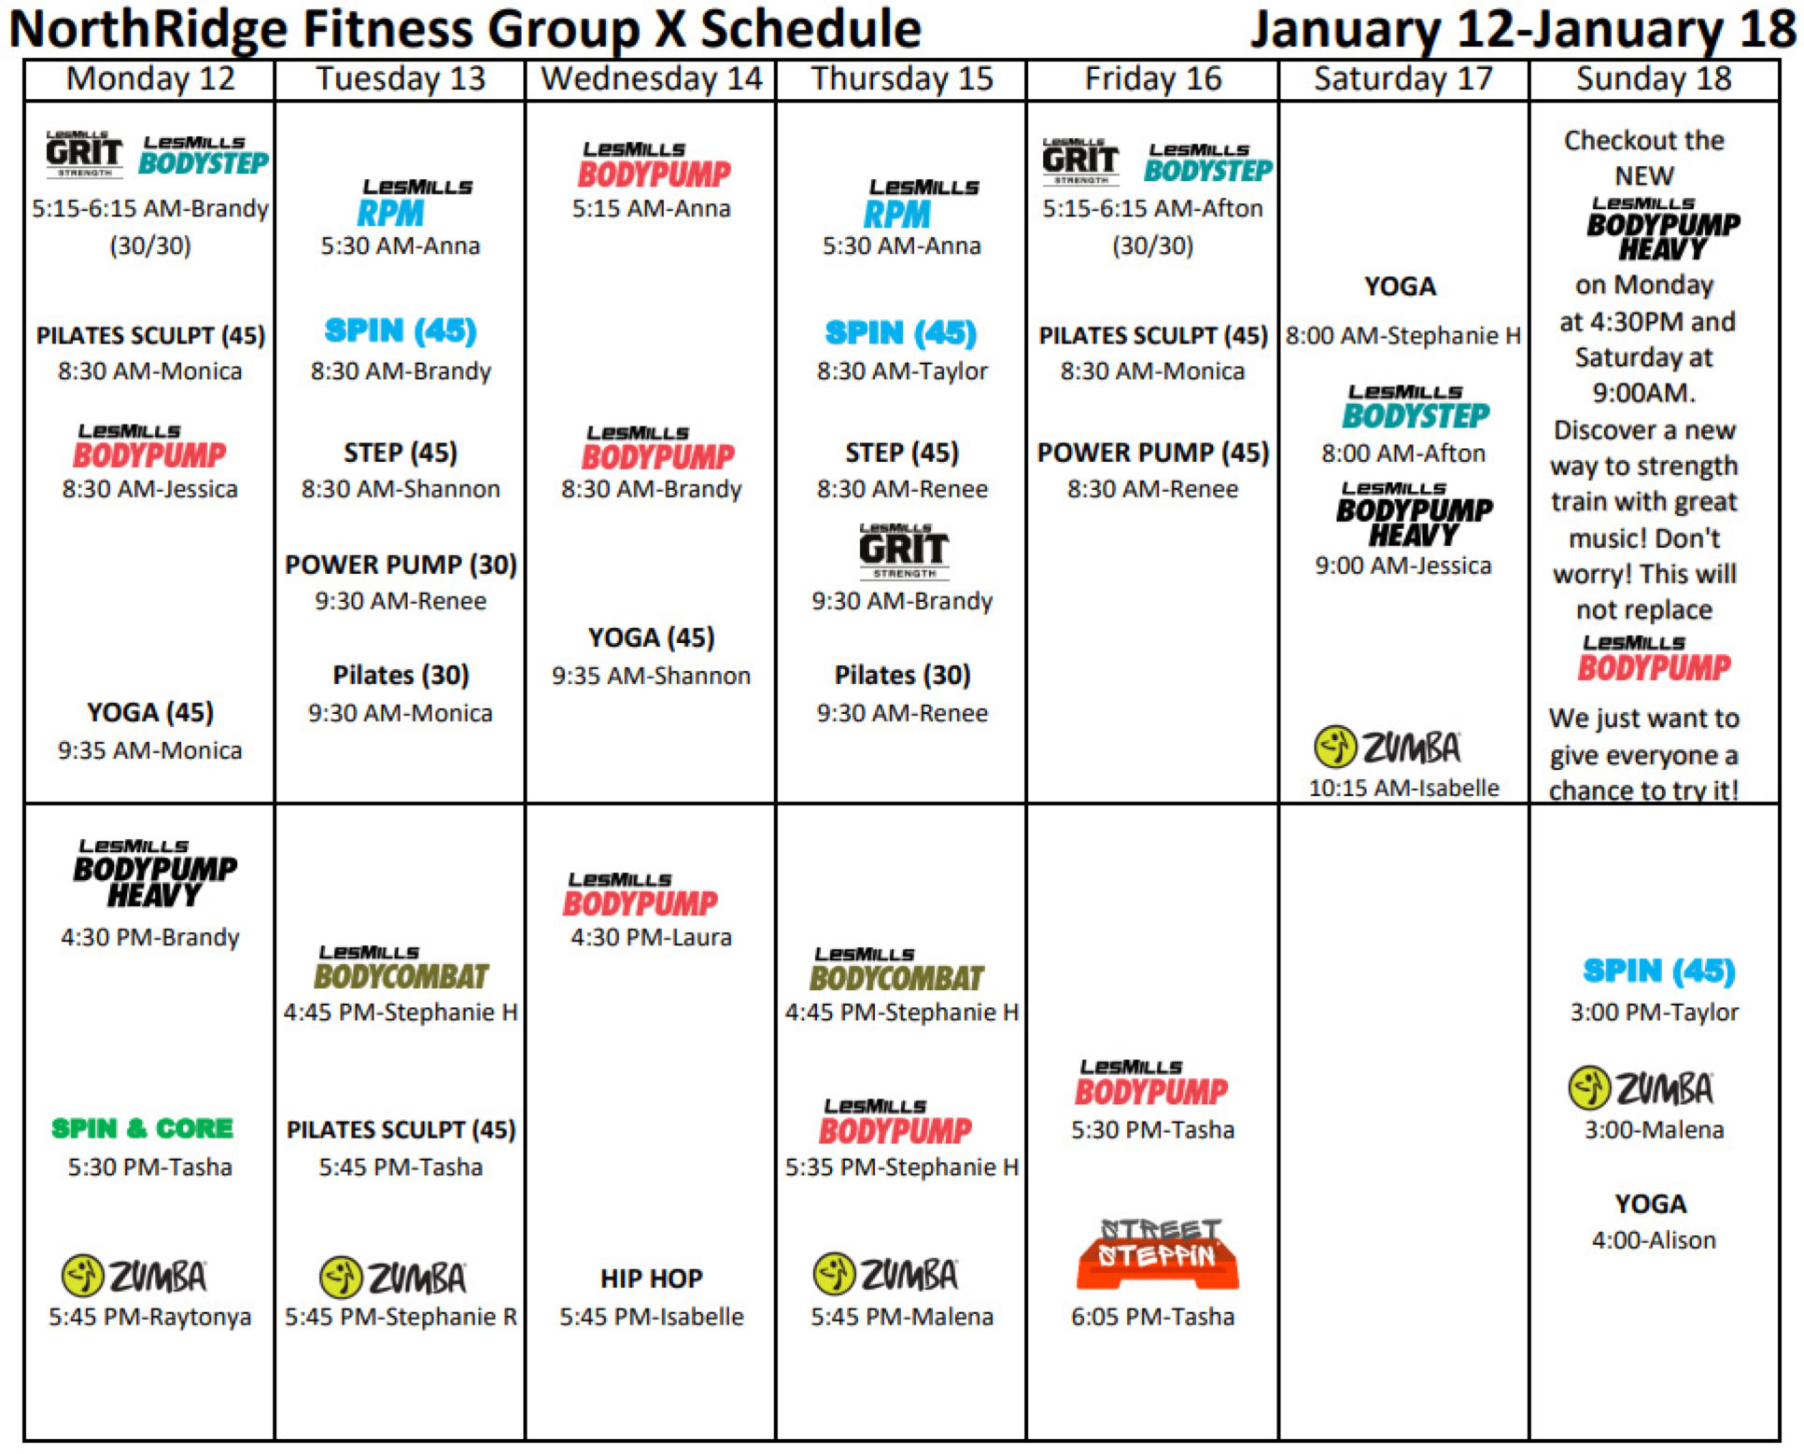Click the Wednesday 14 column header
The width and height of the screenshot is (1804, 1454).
coord(652,78)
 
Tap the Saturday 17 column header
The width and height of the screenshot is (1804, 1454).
coord(1403,78)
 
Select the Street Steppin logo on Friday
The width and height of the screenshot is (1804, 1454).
coord(1158,1253)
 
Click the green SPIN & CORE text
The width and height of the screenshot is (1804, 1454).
coord(142,1128)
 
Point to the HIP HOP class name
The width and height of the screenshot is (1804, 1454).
coord(652,1278)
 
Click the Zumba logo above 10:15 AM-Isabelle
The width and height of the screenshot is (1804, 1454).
coord(1388,747)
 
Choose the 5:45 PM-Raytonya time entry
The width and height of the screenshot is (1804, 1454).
coord(150,1317)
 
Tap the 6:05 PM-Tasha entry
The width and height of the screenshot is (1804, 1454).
coord(1153,1317)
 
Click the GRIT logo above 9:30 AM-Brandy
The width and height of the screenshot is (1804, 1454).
coord(904,551)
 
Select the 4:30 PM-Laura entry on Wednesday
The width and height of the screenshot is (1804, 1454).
coord(652,937)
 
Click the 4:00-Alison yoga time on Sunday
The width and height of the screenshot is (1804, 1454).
coord(1654,1240)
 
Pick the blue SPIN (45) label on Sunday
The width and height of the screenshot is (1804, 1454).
coord(1659,972)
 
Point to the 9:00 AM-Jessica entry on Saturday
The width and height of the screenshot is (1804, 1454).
coord(1403,566)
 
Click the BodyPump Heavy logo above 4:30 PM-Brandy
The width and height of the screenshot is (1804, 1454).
coord(155,874)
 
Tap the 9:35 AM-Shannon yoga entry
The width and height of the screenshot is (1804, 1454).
coord(652,676)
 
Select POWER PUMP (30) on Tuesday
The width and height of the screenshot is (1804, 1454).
coord(401,565)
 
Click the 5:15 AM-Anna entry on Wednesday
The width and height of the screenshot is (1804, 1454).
coord(652,208)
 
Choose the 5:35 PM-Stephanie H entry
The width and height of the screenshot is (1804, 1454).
coord(902,1167)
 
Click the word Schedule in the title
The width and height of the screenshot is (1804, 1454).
coord(810,30)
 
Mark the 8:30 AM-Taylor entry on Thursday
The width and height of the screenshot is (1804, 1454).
coord(902,371)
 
